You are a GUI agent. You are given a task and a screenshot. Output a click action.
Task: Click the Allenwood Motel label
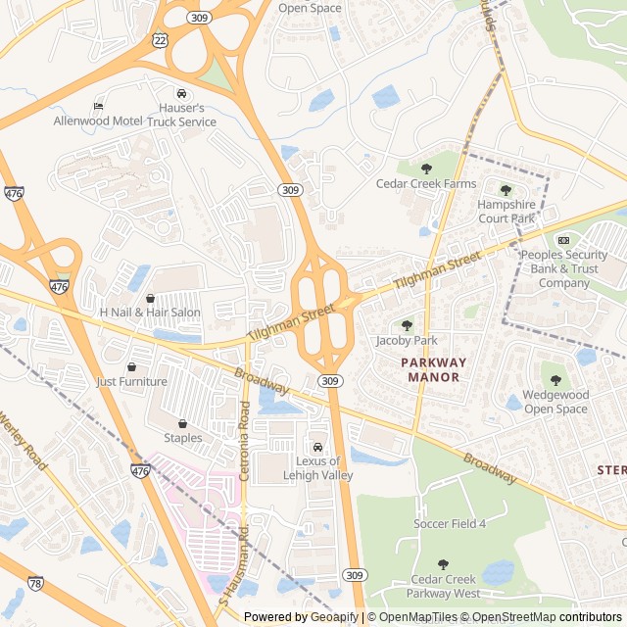[98, 121]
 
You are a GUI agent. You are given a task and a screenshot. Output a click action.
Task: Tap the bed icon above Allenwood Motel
[98, 106]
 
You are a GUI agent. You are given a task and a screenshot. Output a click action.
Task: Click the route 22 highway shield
[160, 36]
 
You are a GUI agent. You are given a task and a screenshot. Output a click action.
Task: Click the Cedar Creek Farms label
[426, 183]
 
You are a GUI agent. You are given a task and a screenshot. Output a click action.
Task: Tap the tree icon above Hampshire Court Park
[506, 190]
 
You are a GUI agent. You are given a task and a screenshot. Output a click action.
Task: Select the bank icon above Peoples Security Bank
[563, 240]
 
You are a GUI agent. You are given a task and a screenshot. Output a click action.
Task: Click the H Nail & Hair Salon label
[150, 313]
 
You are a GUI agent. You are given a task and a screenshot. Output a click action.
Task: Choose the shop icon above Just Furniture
[131, 366]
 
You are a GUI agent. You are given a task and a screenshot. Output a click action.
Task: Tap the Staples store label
[183, 438]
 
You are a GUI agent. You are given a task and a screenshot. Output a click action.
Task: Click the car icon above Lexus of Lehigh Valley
[317, 447]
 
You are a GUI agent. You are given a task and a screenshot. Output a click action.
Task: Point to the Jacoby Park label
[407, 341]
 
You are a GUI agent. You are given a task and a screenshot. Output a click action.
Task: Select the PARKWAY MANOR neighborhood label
[434, 369]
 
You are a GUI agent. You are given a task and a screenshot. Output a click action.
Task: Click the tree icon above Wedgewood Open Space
[555, 380]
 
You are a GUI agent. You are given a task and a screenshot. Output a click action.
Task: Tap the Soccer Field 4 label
[450, 524]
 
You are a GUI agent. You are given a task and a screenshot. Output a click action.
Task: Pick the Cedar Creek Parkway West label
[446, 586]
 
